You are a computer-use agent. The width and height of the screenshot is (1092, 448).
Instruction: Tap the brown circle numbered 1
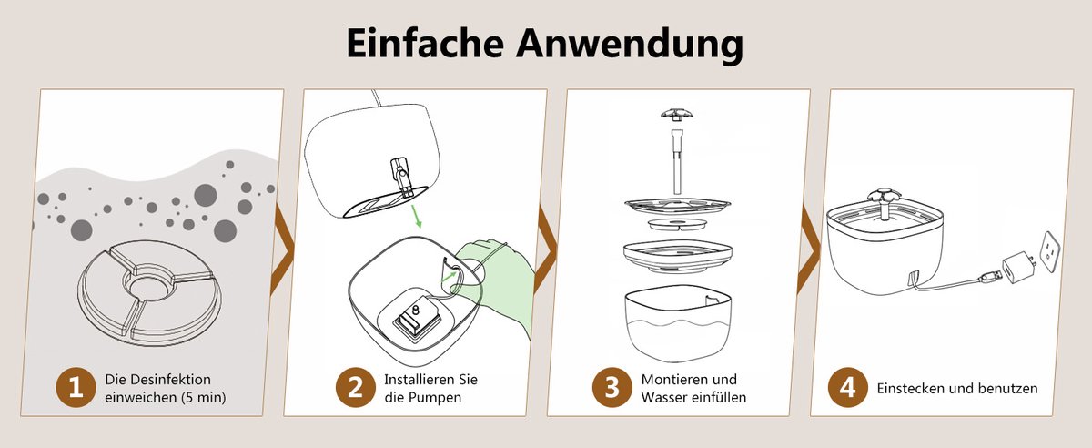pyautogui.click(x=76, y=388)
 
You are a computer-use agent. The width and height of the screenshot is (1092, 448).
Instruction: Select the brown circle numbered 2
pyautogui.click(x=354, y=388)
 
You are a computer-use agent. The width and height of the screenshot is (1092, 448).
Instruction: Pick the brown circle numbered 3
pyautogui.click(x=612, y=388)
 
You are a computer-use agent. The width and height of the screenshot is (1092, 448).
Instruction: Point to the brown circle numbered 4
pyautogui.click(x=847, y=388)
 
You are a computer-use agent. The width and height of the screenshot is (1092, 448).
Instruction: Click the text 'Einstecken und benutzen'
pyautogui.click(x=957, y=389)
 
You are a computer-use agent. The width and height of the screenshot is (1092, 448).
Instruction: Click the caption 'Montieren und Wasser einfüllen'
pyautogui.click(x=693, y=389)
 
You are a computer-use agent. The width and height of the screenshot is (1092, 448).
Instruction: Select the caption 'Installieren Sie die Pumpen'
pyautogui.click(x=430, y=389)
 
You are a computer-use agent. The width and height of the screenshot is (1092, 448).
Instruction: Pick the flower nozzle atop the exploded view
pyautogui.click(x=675, y=115)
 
